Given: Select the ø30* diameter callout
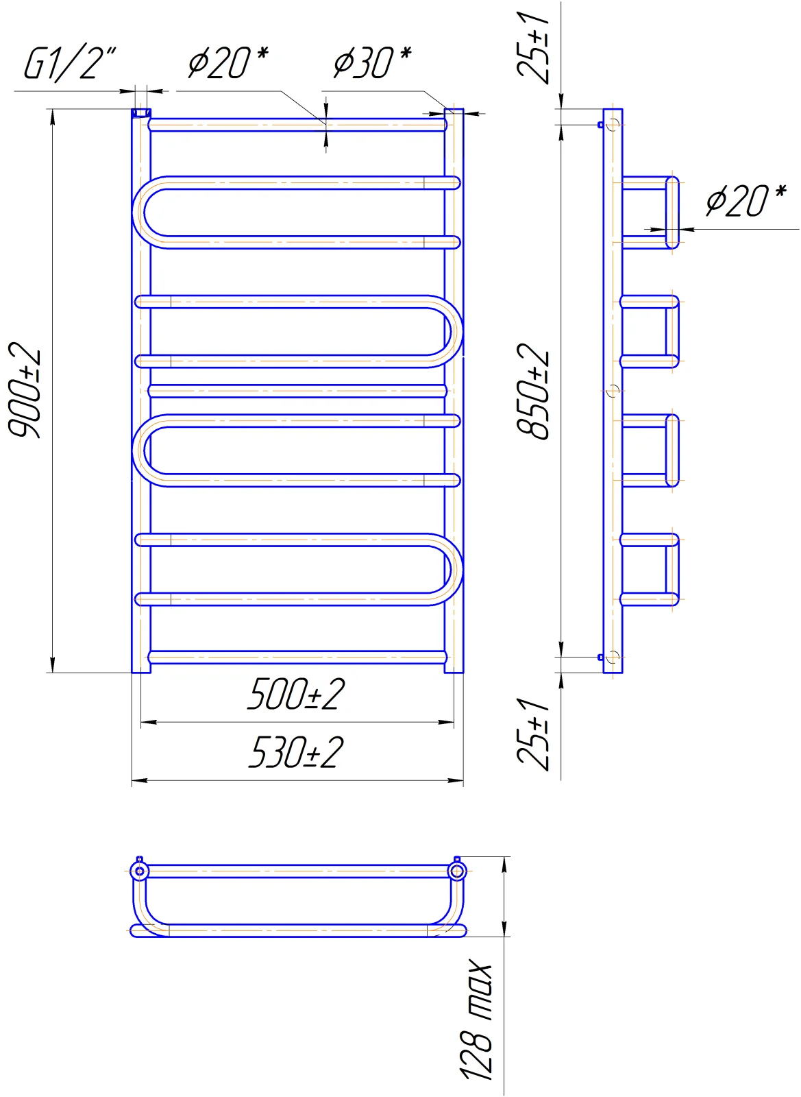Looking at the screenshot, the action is [373, 62].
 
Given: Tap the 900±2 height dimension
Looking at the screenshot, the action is [25, 389].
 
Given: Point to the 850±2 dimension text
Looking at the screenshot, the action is [533, 391].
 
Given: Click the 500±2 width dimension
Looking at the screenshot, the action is [296, 694].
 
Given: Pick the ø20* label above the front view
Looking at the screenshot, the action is [228, 62].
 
